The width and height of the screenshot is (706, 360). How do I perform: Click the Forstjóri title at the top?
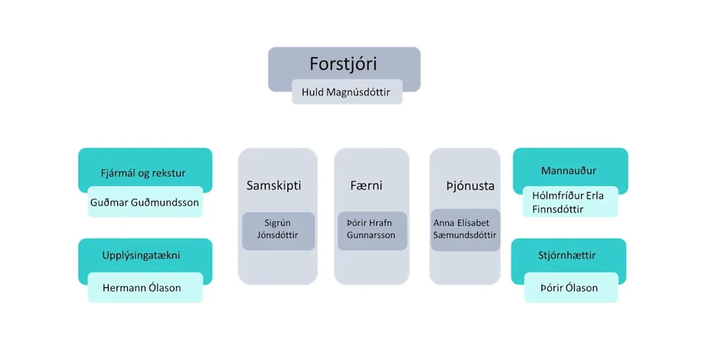point(343,64)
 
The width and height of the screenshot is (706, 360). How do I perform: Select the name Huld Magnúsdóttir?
point(347,92)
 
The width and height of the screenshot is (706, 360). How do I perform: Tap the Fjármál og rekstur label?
point(143,172)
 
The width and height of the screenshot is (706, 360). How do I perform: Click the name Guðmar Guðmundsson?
point(145,203)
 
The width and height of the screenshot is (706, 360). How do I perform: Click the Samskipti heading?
point(274,186)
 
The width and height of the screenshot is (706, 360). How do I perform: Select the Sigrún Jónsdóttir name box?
point(278,230)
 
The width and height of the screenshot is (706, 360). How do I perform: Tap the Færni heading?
point(366,186)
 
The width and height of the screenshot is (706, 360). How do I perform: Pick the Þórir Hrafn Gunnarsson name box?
point(371,230)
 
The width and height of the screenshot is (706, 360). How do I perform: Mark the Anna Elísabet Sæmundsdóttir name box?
point(465,229)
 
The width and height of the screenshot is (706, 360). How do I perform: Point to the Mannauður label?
point(568,170)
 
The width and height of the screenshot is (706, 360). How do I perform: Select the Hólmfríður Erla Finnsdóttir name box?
point(568,202)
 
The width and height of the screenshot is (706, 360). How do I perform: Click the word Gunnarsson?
point(371,236)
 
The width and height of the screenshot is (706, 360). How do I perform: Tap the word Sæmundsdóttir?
point(465,236)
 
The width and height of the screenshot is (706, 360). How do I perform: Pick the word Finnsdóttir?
point(558,209)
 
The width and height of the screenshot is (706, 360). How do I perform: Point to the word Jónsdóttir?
point(278,236)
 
